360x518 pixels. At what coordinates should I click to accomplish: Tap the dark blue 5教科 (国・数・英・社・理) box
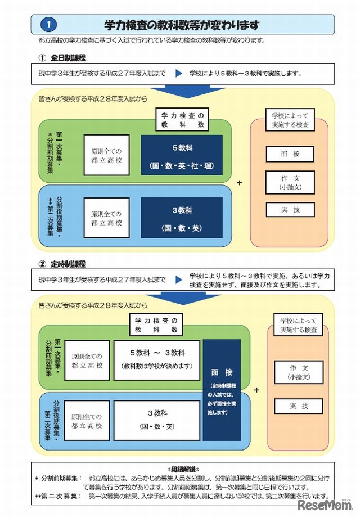tap(182, 155)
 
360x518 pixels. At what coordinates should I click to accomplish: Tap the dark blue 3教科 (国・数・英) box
tap(182, 218)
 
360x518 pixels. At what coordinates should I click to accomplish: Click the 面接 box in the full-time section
tap(290, 154)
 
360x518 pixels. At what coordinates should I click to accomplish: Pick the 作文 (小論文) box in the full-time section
tap(290, 182)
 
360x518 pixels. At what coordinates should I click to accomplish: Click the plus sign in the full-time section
tap(240, 183)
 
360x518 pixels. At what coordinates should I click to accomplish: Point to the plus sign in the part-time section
tap(257, 389)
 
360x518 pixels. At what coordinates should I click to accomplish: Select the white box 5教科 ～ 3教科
tap(157, 359)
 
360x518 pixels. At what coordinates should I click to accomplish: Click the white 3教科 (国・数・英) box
tap(157, 420)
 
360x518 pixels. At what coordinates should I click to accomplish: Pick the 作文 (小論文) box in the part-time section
tap(298, 372)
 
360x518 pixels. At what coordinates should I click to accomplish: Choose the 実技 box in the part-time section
tap(298, 406)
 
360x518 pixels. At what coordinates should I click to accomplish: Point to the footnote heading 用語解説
tap(182, 468)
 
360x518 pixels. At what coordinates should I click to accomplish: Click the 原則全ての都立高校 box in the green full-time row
tap(106, 155)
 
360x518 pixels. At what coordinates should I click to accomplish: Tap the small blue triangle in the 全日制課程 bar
tap(179, 73)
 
